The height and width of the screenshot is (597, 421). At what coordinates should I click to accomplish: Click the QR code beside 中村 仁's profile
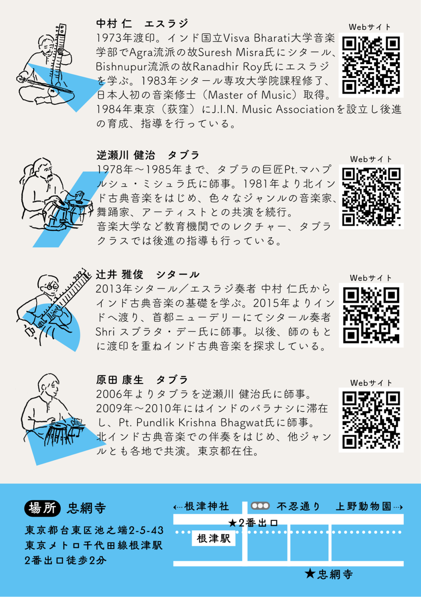click(x=371, y=65)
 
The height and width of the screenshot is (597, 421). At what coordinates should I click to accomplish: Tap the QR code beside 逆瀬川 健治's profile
click(x=372, y=197)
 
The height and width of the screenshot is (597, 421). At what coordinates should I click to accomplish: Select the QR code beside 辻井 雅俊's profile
click(x=371, y=315)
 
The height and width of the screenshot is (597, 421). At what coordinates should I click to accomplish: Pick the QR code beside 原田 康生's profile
click(x=371, y=420)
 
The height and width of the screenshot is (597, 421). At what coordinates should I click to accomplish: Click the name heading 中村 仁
click(x=114, y=23)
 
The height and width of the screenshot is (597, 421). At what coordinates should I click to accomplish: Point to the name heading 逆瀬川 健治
click(x=126, y=155)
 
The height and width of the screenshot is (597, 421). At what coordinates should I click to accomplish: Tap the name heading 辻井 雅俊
click(x=120, y=274)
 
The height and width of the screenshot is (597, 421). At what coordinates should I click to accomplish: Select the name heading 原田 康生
click(x=120, y=380)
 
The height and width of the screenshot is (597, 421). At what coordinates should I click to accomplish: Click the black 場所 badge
click(x=42, y=508)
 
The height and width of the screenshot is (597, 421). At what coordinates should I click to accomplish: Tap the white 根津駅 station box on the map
click(x=214, y=538)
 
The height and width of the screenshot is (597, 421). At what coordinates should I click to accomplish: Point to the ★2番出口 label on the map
click(x=253, y=523)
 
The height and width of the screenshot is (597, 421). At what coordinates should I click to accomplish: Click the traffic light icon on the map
click(x=260, y=506)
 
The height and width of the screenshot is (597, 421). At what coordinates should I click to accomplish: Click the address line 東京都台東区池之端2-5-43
click(x=94, y=530)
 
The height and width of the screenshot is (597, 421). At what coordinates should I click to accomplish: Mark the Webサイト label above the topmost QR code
click(x=370, y=27)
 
